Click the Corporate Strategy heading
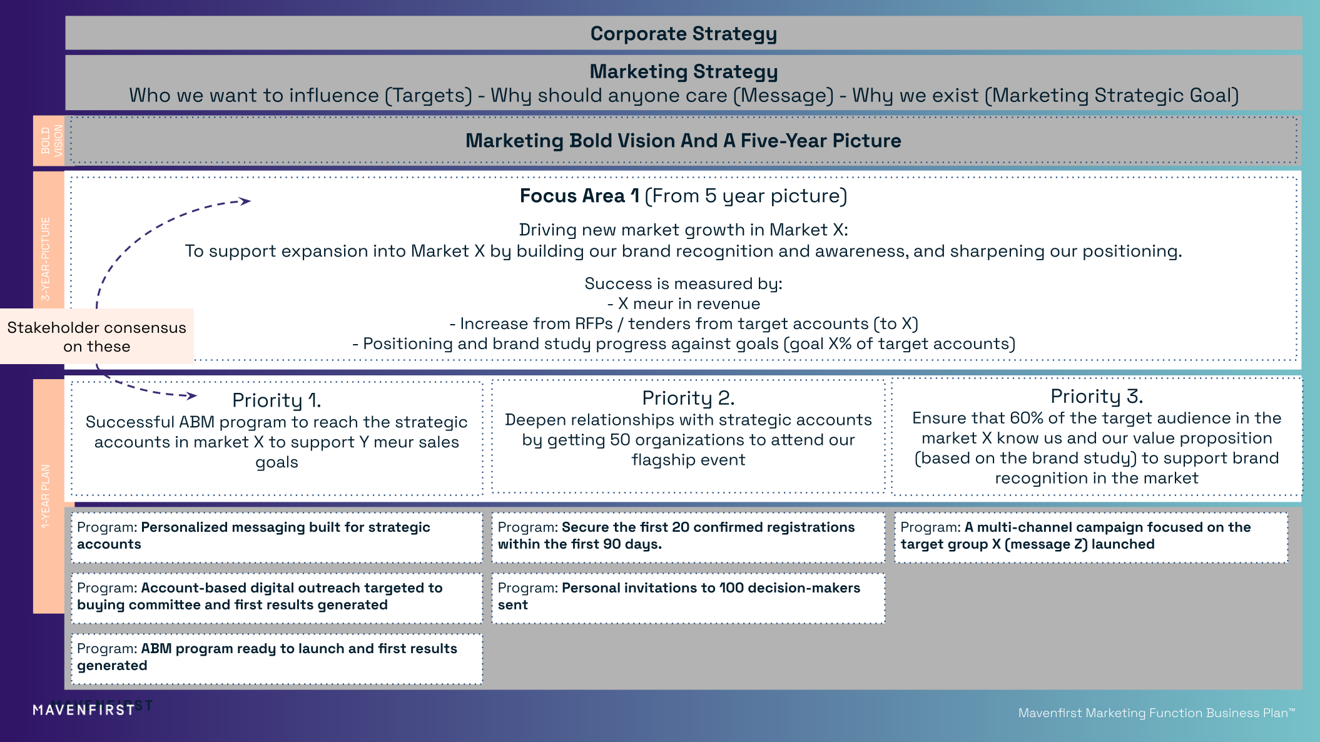pos(683,34)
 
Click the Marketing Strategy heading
pos(683,72)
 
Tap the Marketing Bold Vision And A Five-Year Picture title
pos(683,141)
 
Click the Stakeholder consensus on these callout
pos(97,337)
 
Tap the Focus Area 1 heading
pos(683,196)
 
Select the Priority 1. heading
pos(277,400)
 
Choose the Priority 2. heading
pos(688,398)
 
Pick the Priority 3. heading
pos(1096,396)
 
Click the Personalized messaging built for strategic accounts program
pos(277,536)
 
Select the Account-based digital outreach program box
pos(277,597)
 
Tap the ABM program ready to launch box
pos(277,658)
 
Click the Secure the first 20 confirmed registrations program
pos(688,536)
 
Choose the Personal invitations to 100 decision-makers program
pos(688,597)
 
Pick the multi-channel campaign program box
pos(1091,536)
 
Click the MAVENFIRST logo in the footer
pos(84,710)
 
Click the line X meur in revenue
pos(683,304)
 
